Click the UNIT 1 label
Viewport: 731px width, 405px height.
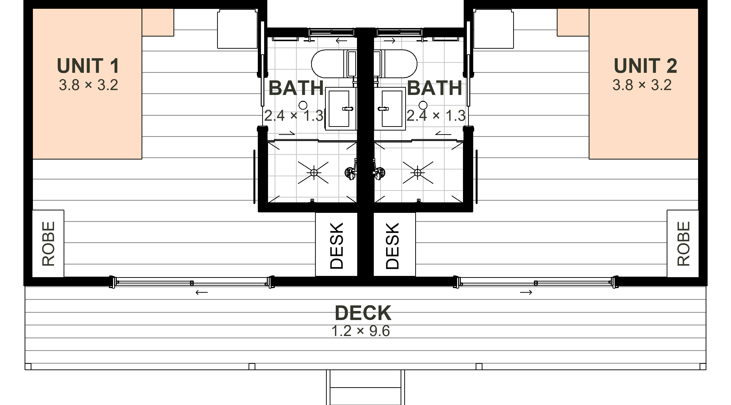pyautogui.click(x=88, y=66)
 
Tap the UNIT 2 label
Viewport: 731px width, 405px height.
pyautogui.click(x=645, y=66)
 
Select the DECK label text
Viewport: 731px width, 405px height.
pyautogui.click(x=363, y=313)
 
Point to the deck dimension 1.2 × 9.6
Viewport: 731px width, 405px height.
pyautogui.click(x=361, y=331)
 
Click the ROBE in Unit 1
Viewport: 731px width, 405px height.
pyautogui.click(x=48, y=244)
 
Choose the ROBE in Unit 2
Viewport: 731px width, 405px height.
pyautogui.click(x=683, y=244)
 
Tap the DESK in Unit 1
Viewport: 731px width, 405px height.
pyautogui.click(x=337, y=246)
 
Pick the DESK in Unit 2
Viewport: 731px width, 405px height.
pyautogui.click(x=393, y=246)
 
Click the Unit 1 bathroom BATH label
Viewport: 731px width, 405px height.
pyautogui.click(x=296, y=88)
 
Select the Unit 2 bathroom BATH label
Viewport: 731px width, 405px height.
pyautogui.click(x=434, y=88)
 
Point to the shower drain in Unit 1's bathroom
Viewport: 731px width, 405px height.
pyautogui.click(x=314, y=172)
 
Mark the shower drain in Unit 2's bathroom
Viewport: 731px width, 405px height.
pyautogui.click(x=417, y=172)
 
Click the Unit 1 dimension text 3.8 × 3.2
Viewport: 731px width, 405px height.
pyautogui.click(x=88, y=85)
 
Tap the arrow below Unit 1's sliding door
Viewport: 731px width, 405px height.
pyautogui.click(x=202, y=292)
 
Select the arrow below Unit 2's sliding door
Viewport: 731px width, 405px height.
pyautogui.click(x=526, y=292)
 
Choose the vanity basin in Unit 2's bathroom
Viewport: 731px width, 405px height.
pyautogui.click(x=390, y=109)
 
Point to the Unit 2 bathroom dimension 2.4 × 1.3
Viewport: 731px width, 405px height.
pyautogui.click(x=436, y=116)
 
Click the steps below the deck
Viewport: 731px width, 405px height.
pyautogui.click(x=365, y=387)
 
